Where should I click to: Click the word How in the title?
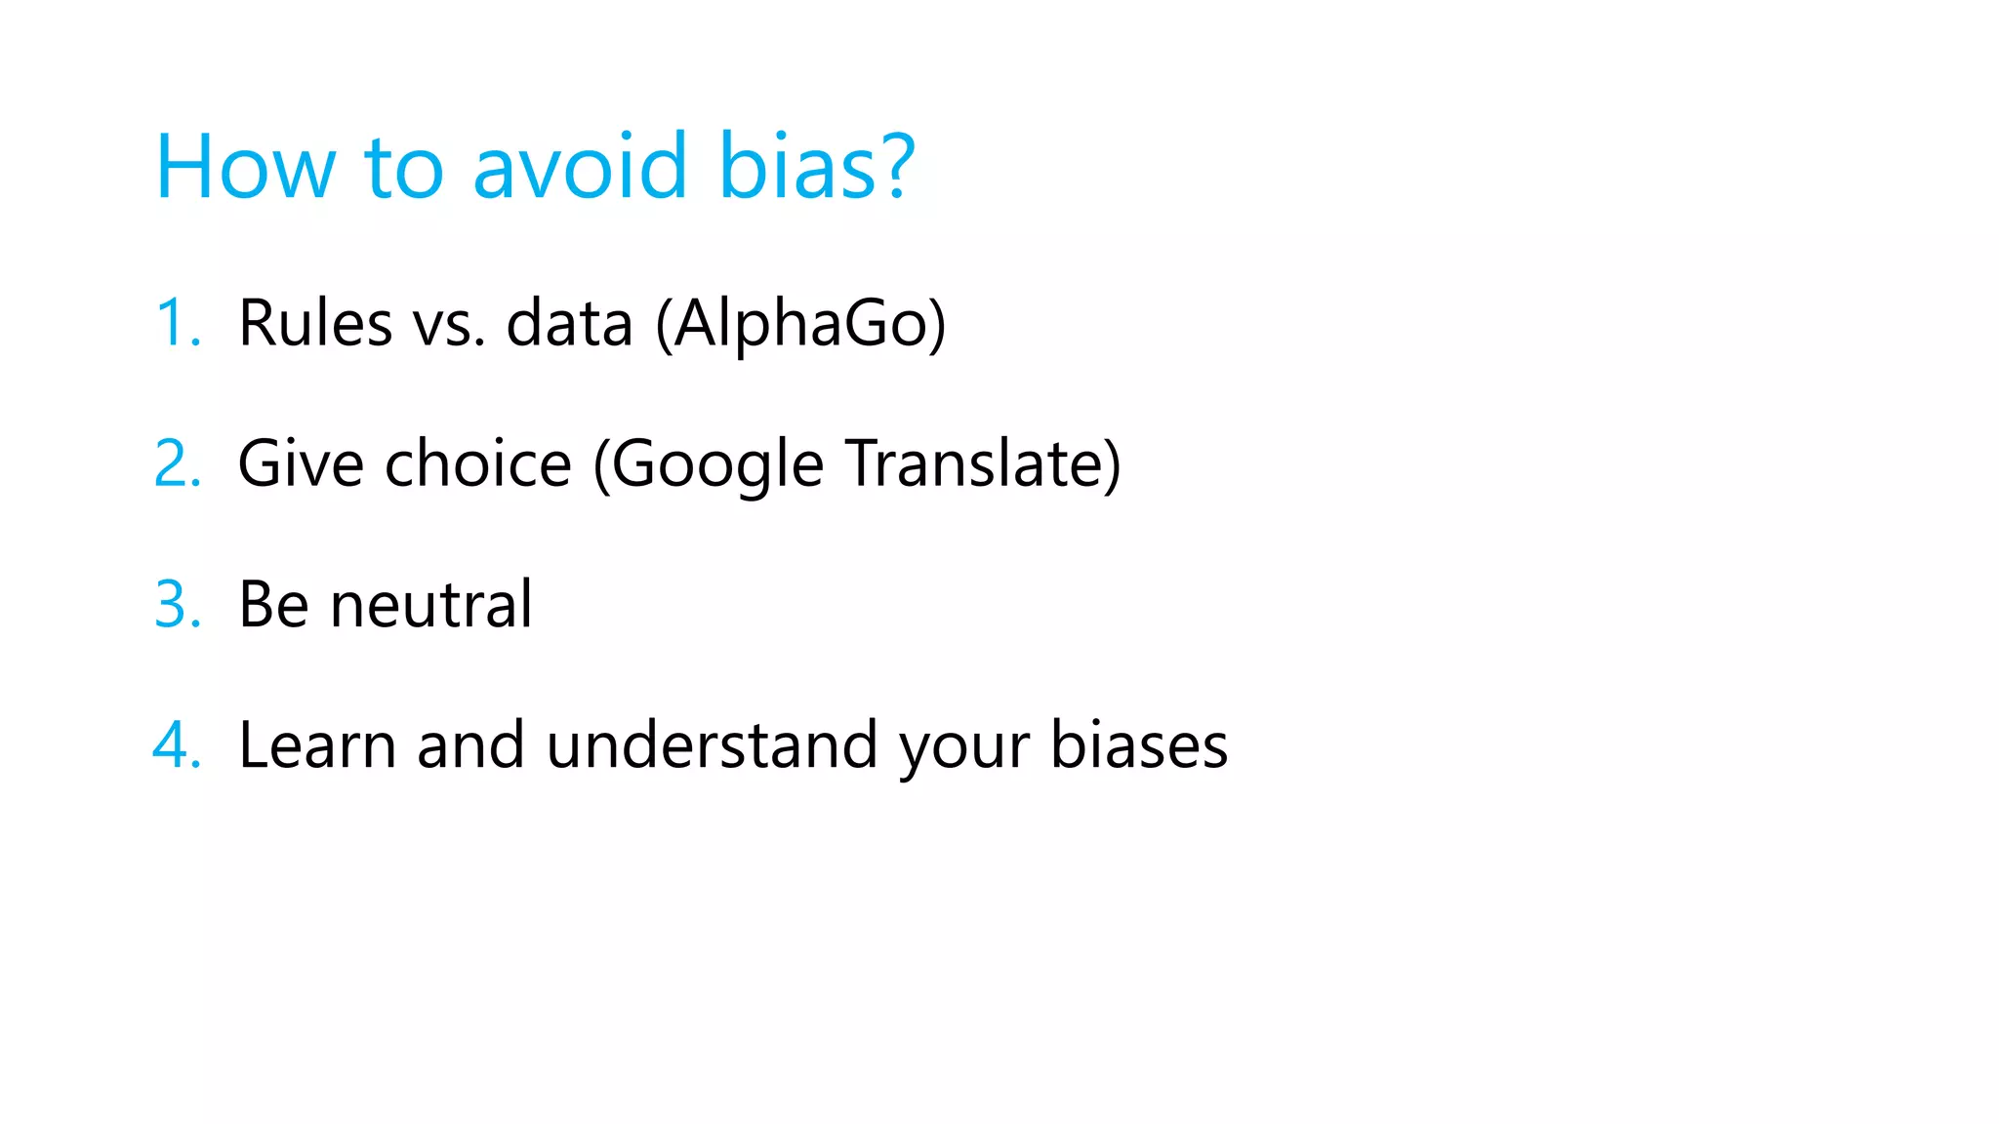pyautogui.click(x=245, y=167)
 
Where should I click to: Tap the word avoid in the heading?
pyautogui.click(x=580, y=167)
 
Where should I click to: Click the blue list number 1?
pyautogui.click(x=177, y=323)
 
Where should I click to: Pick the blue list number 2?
pyautogui.click(x=177, y=463)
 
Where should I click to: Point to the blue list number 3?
pyautogui.click(x=177, y=604)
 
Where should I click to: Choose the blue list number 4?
pyautogui.click(x=177, y=745)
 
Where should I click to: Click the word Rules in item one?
pyautogui.click(x=314, y=323)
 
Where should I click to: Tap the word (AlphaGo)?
pyautogui.click(x=800, y=324)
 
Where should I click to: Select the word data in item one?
pyautogui.click(x=569, y=323)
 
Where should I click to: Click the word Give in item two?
pyautogui.click(x=301, y=463)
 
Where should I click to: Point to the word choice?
pyautogui.click(x=477, y=463)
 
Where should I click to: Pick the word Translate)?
pyautogui.click(x=983, y=463)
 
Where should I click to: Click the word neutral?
pyautogui.click(x=431, y=605)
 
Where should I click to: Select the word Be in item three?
pyautogui.click(x=273, y=605)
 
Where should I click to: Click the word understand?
pyautogui.click(x=713, y=745)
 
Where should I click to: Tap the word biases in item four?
pyautogui.click(x=1139, y=745)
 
